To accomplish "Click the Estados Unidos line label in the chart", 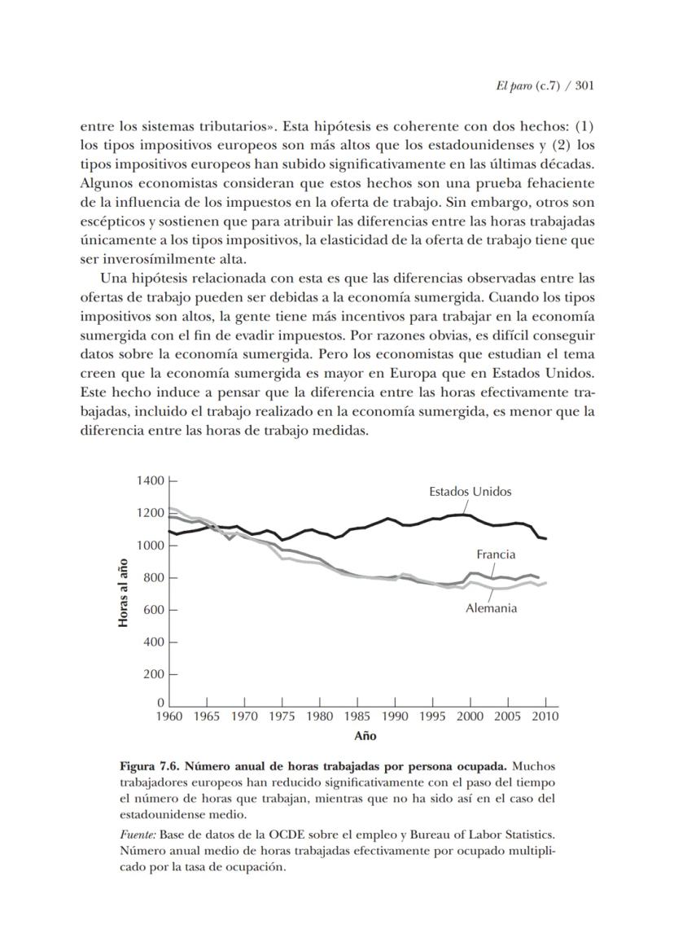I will (x=470, y=492).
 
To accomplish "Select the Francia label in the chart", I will (x=496, y=554).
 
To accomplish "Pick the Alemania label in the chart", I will (x=491, y=608).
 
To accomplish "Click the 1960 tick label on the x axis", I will (x=169, y=717).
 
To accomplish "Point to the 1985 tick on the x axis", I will (x=357, y=717).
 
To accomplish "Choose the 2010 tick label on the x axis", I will (x=545, y=717).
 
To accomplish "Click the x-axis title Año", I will (x=365, y=736).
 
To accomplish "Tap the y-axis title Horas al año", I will (x=124, y=592).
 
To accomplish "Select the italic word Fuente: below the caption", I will (x=138, y=835).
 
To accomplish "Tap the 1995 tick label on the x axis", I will (x=432, y=717).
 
